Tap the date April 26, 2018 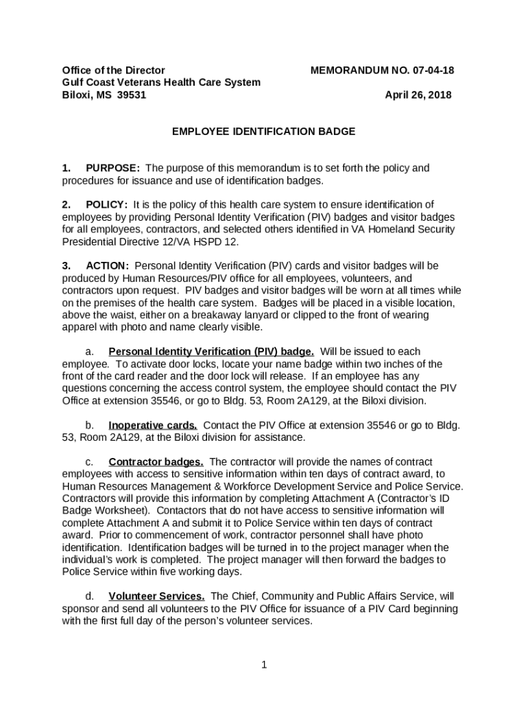[418, 95]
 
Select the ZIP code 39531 [131, 95]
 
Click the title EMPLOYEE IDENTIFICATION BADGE [263, 131]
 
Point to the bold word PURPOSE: [113, 168]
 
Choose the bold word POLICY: [106, 204]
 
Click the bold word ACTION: [107, 265]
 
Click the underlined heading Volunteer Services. [156, 596]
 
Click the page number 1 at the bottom [264, 664]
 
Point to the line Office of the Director [113, 70]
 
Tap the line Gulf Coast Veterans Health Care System [161, 82]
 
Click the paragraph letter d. [88, 596]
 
